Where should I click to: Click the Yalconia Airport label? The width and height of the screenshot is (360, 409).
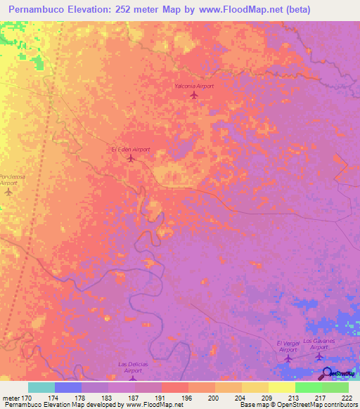click(x=194, y=86)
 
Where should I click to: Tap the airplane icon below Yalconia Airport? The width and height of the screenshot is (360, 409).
click(x=195, y=95)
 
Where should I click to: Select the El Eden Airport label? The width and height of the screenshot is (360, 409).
click(x=131, y=150)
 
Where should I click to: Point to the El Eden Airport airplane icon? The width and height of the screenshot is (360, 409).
click(x=131, y=159)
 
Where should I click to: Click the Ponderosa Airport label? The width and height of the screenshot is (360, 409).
click(x=11, y=179)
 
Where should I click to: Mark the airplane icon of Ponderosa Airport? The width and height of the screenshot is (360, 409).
click(x=9, y=191)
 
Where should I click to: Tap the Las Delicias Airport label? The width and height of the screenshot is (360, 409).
click(x=131, y=369)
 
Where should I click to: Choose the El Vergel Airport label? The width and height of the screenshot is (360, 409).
click(x=288, y=346)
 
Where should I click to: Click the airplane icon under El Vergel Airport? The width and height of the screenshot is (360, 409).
click(x=288, y=359)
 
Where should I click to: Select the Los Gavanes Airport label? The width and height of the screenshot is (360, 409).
click(x=320, y=344)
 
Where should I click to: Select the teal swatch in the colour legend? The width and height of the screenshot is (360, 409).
click(x=41, y=387)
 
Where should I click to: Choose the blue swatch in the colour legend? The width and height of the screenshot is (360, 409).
click(x=67, y=387)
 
